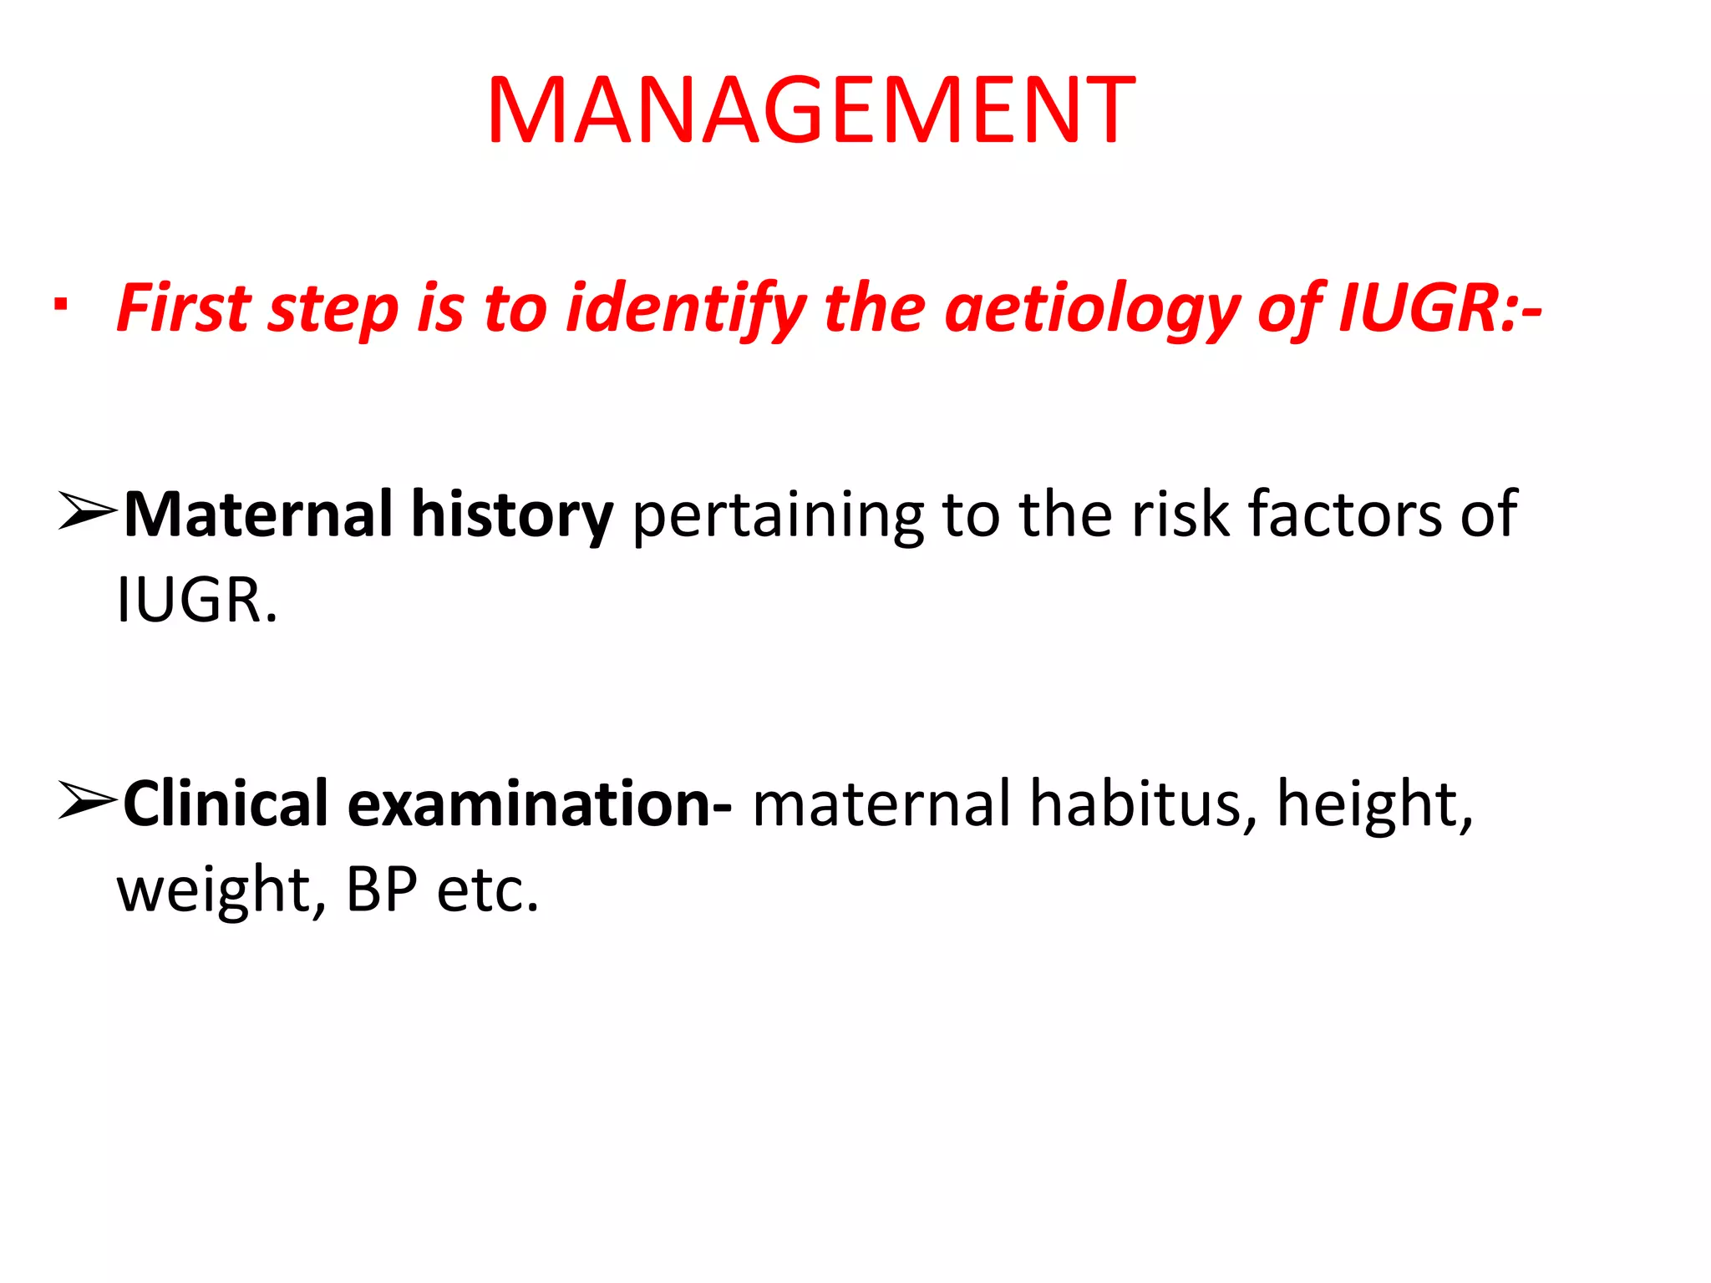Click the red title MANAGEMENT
click(810, 111)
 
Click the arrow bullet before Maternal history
click(86, 512)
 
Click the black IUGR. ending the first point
click(197, 600)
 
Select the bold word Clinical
click(226, 804)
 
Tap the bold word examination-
click(540, 804)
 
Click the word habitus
click(1142, 804)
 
